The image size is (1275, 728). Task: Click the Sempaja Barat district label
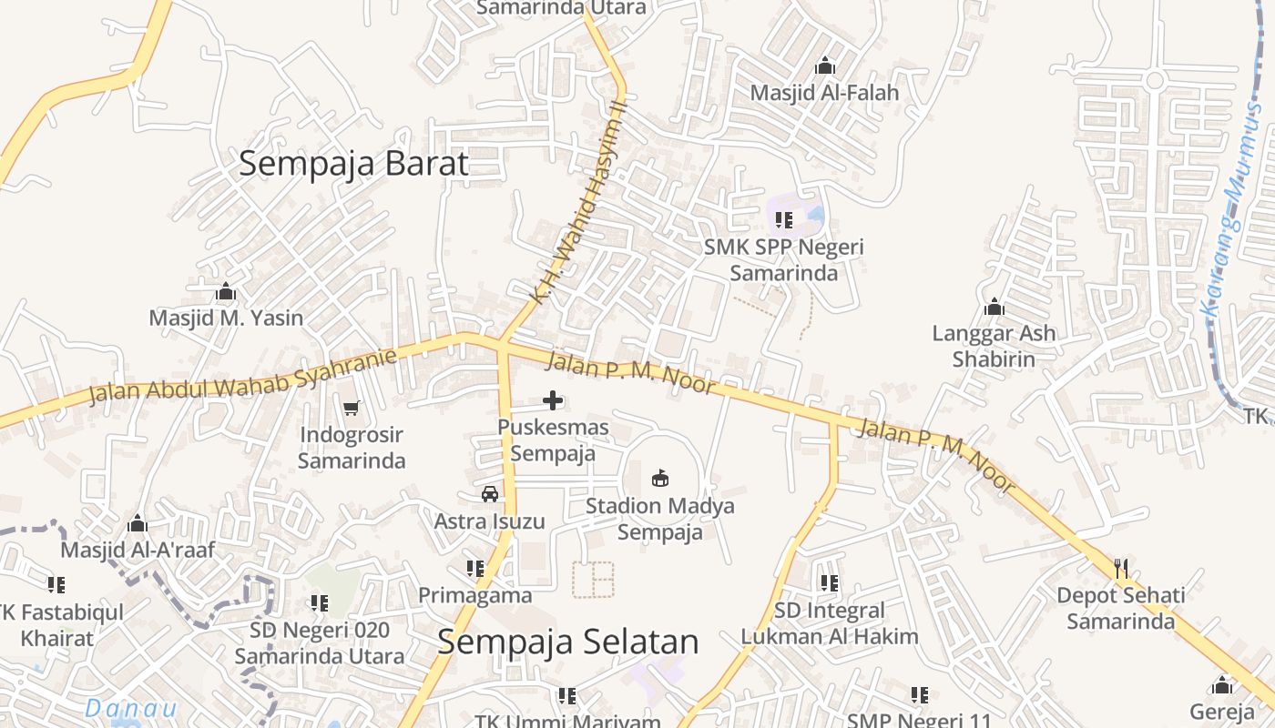tap(353, 164)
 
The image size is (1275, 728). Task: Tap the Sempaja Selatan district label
tap(567, 642)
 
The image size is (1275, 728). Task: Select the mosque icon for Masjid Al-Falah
tap(825, 66)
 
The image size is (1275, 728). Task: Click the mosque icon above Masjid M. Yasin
tap(226, 292)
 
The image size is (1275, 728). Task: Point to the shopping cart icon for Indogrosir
tap(352, 408)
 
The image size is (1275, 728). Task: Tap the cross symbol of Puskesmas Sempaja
tap(553, 399)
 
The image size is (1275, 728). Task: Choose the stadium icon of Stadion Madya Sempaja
tap(660, 478)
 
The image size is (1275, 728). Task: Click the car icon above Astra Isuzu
tap(490, 494)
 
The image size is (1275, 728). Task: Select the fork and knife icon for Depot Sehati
tap(1121, 569)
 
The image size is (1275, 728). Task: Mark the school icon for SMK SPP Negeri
tap(784, 219)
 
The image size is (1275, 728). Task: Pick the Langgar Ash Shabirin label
tap(994, 346)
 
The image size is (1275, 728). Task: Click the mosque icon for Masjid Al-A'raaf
tap(138, 523)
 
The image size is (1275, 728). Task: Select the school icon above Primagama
tap(474, 569)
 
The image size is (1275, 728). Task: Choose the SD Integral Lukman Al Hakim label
tap(829, 623)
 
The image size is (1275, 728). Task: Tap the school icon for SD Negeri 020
tap(319, 602)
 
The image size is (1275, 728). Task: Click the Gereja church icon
tap(1222, 684)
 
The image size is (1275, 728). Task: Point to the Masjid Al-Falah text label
tap(824, 93)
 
